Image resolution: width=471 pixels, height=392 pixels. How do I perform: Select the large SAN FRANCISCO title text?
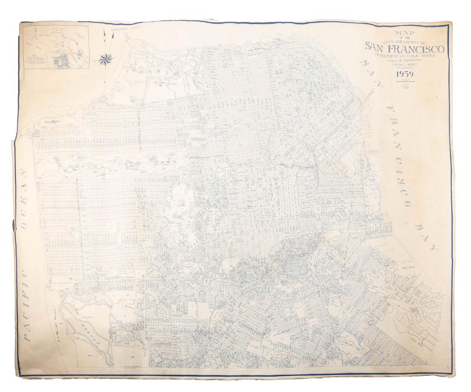coord(404,48)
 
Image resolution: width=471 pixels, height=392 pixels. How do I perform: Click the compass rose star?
coord(104,60)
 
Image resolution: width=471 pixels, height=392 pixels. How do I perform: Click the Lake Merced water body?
coord(88,325)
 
